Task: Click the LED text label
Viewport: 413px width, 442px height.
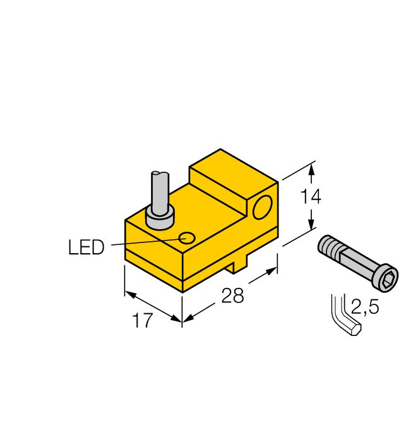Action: pyautogui.click(x=86, y=247)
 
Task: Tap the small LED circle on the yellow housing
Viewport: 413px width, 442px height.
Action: pyautogui.click(x=186, y=238)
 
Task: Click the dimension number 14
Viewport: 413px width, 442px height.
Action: pyautogui.click(x=310, y=196)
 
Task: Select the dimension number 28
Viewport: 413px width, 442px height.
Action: pyautogui.click(x=232, y=296)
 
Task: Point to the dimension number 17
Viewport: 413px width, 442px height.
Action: pyautogui.click(x=143, y=321)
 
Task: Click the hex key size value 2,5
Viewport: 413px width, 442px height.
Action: pyautogui.click(x=364, y=308)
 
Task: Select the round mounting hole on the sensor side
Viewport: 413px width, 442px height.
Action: pyautogui.click(x=262, y=207)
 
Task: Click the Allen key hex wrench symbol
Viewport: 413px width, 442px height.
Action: pyautogui.click(x=344, y=316)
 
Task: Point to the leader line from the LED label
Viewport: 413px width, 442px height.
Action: pyautogui.click(x=145, y=242)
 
